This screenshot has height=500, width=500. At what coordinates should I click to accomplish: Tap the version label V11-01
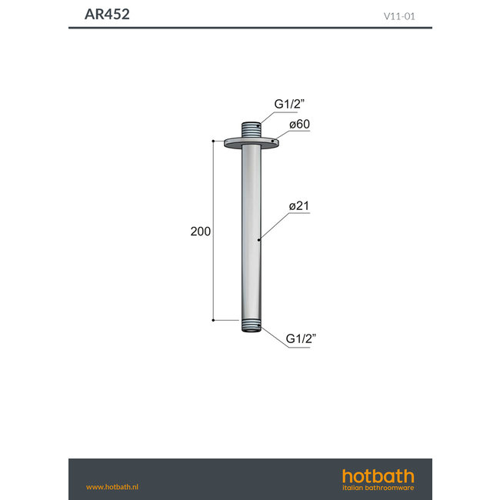[399, 15]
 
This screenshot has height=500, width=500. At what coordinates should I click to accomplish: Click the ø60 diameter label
[299, 124]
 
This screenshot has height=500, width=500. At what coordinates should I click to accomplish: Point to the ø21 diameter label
[299, 206]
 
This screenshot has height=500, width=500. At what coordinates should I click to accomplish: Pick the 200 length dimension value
[200, 232]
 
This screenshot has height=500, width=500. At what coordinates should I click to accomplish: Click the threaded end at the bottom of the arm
[251, 325]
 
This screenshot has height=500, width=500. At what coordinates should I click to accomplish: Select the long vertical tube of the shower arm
[251, 231]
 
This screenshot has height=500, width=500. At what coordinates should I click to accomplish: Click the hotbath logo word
[378, 475]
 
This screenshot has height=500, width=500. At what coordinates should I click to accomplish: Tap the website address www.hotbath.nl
[112, 487]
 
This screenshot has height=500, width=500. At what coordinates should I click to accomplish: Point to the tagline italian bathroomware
[378, 488]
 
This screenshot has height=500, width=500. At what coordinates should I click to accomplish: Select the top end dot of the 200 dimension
[213, 141]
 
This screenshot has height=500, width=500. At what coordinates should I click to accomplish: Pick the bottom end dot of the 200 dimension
[213, 319]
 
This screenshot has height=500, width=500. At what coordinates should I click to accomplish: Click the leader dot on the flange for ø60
[272, 140]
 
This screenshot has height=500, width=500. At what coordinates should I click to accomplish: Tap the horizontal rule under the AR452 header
[250, 28]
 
